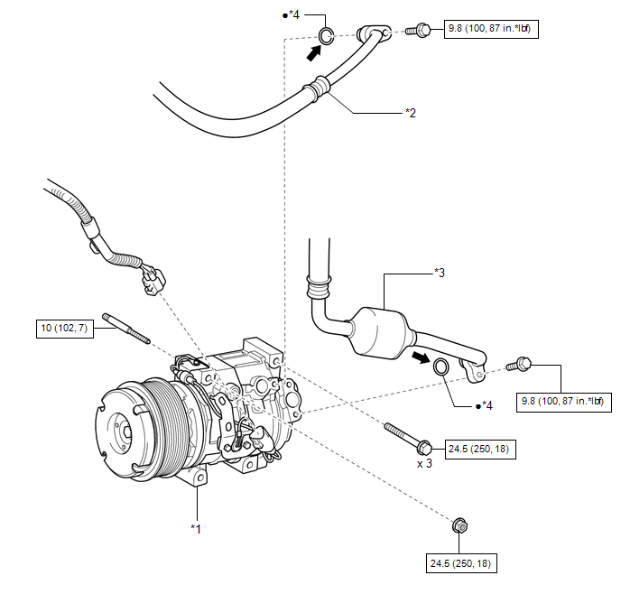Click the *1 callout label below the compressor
click(x=196, y=529)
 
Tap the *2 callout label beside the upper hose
click(x=411, y=113)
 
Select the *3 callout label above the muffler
click(x=440, y=273)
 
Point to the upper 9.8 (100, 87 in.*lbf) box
click(x=491, y=29)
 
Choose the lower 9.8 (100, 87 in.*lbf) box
click(x=564, y=403)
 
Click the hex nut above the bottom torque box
click(x=459, y=526)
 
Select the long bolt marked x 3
click(x=408, y=439)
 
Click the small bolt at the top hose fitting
click(x=418, y=30)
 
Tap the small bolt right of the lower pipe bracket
click(x=519, y=365)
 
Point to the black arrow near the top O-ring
click(x=314, y=53)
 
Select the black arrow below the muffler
click(x=421, y=357)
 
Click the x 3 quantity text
click(x=424, y=463)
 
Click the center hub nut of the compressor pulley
click(x=126, y=432)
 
